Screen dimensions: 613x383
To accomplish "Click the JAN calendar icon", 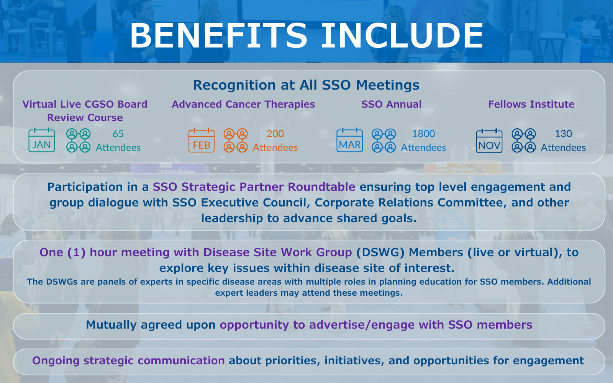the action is pyautogui.click(x=42, y=140).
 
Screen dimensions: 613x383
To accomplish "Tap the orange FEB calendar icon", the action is pyautogui.click(x=202, y=140).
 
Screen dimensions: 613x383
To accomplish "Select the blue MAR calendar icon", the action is pyautogui.click(x=350, y=140).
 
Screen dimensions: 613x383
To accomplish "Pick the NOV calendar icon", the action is pyautogui.click(x=489, y=141).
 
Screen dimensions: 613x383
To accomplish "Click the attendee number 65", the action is pyautogui.click(x=118, y=134).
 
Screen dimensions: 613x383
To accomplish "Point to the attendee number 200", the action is pyautogui.click(x=275, y=134).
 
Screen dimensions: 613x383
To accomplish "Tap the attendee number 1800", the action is pyautogui.click(x=424, y=134).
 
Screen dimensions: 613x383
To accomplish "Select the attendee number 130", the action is pyautogui.click(x=564, y=134).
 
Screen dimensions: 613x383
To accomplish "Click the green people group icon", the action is pyautogui.click(x=78, y=140).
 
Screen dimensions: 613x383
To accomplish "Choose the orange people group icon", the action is pyautogui.click(x=236, y=140).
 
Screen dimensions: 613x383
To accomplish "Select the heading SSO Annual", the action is pyautogui.click(x=391, y=104).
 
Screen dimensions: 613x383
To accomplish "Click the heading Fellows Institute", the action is pyautogui.click(x=531, y=104).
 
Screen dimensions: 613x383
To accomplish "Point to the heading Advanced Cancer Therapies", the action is pyautogui.click(x=243, y=105).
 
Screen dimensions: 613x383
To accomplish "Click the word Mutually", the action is pyautogui.click(x=111, y=325).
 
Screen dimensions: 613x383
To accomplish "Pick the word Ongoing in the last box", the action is pyautogui.click(x=56, y=361).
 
